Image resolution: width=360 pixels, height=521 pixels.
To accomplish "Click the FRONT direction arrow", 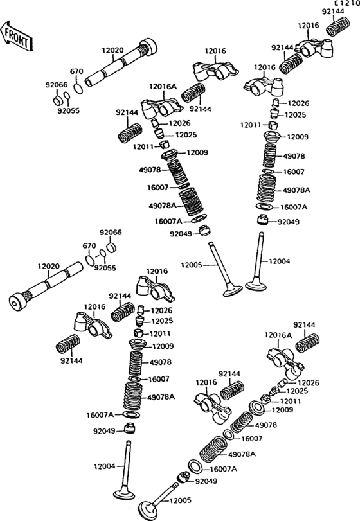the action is pyautogui.click(x=15, y=36).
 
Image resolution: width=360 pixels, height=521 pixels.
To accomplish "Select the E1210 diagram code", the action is pyautogui.click(x=346, y=3).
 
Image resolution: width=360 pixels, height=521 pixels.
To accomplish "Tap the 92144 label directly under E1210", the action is pyautogui.click(x=333, y=12).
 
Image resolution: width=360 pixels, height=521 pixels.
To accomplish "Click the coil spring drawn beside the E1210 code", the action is pyautogui.click(x=337, y=26).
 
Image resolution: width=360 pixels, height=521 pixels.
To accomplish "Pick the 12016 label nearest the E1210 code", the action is pyautogui.click(x=308, y=25).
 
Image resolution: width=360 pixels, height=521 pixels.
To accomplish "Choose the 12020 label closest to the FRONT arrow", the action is pyautogui.click(x=113, y=50).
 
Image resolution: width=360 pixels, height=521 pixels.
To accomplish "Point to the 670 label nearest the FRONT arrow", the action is pyautogui.click(x=76, y=71).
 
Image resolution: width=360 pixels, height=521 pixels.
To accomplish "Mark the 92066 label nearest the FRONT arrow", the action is pyautogui.click(x=56, y=85).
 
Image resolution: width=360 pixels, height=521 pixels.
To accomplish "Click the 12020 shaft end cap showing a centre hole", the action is pyautogui.click(x=17, y=303).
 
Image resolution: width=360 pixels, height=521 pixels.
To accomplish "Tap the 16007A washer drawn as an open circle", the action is pyautogui.click(x=195, y=466).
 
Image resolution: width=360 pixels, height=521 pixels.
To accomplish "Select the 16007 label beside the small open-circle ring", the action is pyautogui.click(x=251, y=439).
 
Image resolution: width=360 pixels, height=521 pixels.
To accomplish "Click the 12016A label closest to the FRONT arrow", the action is pyautogui.click(x=163, y=87).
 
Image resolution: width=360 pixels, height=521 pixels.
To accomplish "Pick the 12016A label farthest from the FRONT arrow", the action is pyautogui.click(x=278, y=335).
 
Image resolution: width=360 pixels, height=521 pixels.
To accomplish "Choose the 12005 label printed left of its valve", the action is pyautogui.click(x=192, y=265).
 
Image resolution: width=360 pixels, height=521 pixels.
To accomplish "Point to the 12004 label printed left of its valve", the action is pyautogui.click(x=104, y=466).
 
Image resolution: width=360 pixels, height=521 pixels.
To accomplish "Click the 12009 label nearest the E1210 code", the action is pyautogui.click(x=298, y=137).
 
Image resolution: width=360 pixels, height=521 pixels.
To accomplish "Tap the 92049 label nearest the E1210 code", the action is pyautogui.click(x=288, y=222).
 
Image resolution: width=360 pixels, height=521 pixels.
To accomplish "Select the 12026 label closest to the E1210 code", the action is pyautogui.click(x=298, y=103).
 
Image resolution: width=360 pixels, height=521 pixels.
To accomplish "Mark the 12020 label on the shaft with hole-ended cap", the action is pyautogui.click(x=48, y=266).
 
